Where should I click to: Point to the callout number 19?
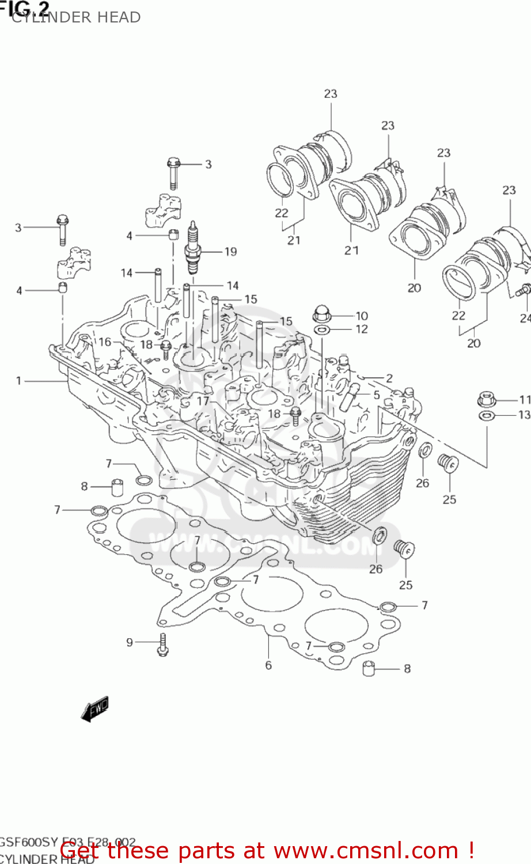(x=230, y=252)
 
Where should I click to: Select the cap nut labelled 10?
(x=321, y=315)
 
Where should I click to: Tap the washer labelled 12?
(x=321, y=330)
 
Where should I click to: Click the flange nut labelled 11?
(x=487, y=399)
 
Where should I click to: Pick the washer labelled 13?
(x=487, y=415)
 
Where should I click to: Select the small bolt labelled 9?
(x=163, y=643)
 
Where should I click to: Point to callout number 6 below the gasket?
(x=268, y=665)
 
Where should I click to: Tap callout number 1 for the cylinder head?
(x=18, y=381)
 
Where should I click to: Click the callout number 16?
(x=105, y=342)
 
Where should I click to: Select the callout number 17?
(x=203, y=401)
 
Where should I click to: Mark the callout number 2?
(x=389, y=378)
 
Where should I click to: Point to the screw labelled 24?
(x=524, y=291)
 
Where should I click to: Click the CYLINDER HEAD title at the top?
(x=76, y=17)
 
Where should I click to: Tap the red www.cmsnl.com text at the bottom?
(x=267, y=850)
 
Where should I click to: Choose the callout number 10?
(x=362, y=316)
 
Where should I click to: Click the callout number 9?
(x=130, y=642)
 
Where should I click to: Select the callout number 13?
(x=524, y=415)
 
